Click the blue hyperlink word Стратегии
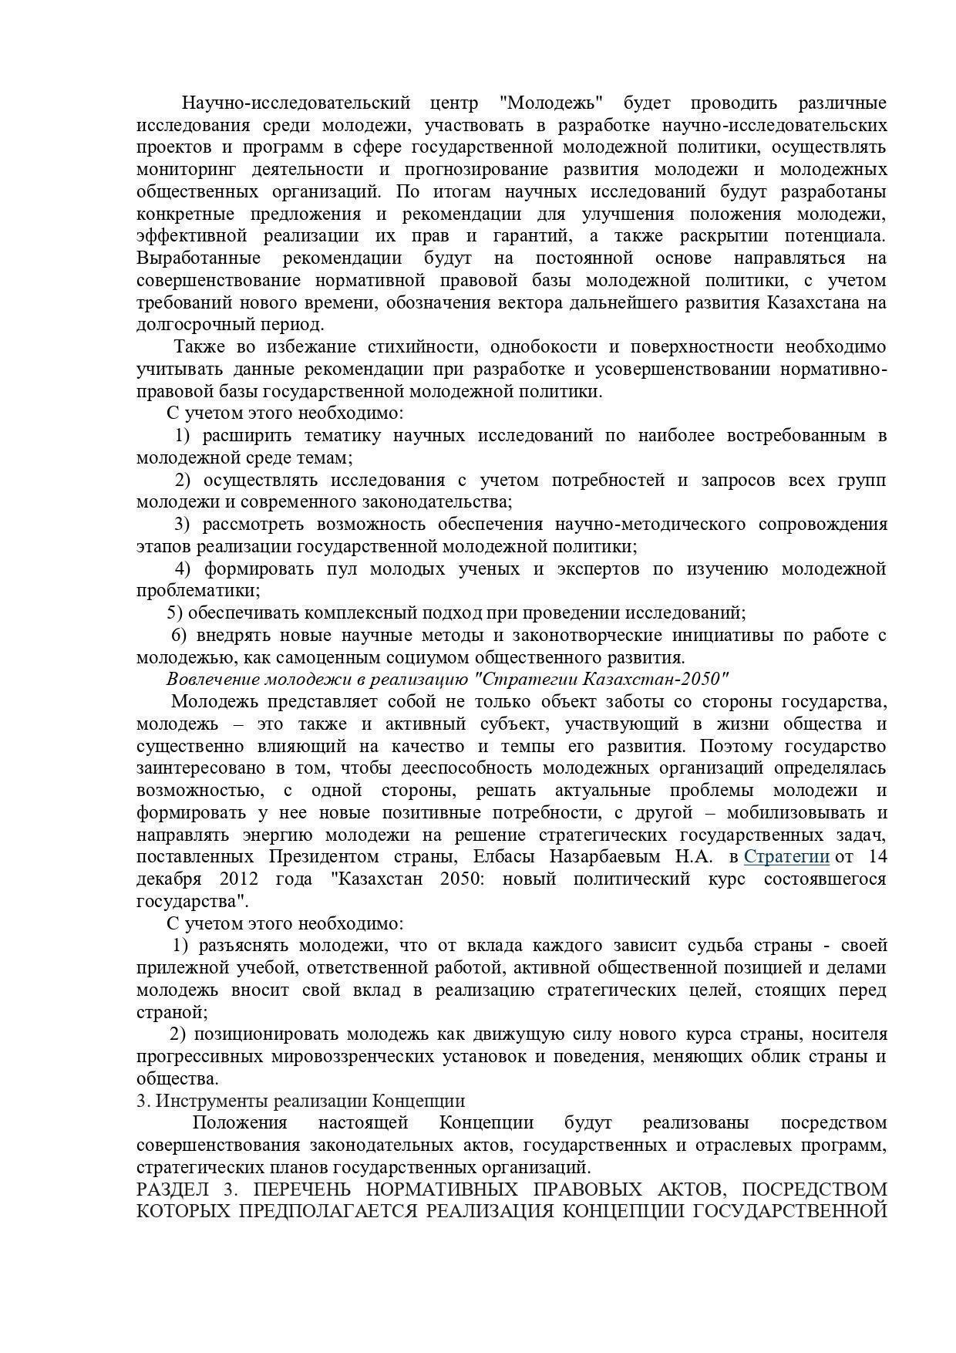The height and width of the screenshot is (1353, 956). (786, 856)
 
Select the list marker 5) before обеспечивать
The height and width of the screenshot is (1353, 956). (175, 613)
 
